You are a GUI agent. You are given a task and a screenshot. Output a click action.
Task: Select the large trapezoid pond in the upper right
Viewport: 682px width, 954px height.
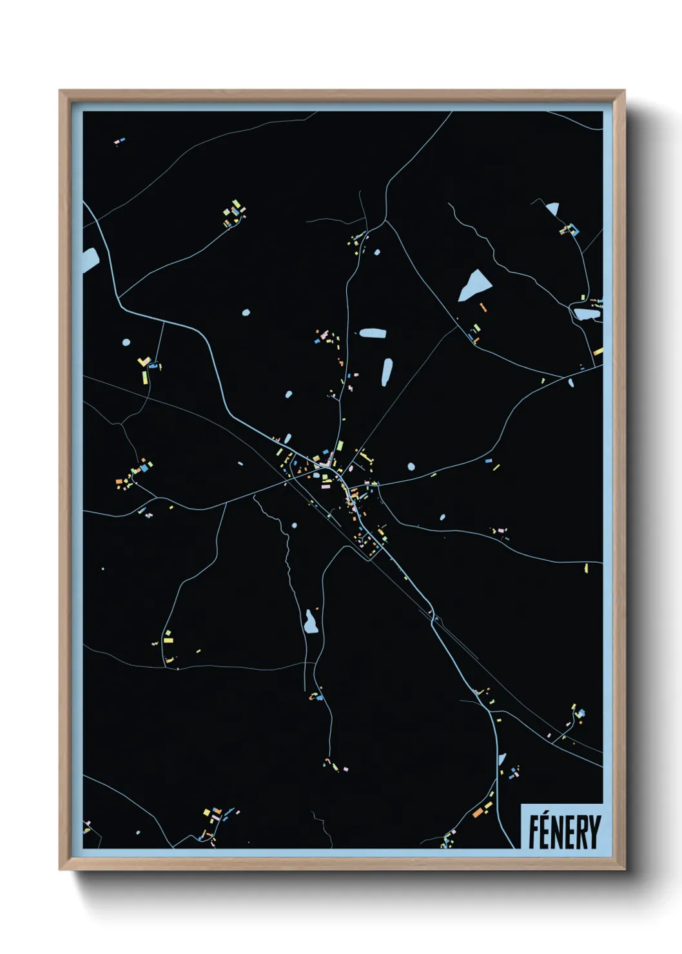click(475, 285)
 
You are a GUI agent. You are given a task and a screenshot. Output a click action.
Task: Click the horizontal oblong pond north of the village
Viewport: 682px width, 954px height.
click(372, 333)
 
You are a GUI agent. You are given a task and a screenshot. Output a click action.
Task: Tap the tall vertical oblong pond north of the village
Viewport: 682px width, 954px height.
click(387, 372)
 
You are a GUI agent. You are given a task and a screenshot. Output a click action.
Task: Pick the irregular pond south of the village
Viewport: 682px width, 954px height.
click(311, 622)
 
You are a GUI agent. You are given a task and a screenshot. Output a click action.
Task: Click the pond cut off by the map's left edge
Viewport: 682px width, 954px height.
click(90, 259)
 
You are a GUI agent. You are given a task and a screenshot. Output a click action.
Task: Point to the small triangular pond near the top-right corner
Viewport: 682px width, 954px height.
click(553, 209)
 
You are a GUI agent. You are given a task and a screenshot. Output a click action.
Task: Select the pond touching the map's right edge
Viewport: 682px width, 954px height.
click(587, 314)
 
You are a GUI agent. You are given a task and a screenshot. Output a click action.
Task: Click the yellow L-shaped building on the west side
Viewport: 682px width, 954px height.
click(144, 361)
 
